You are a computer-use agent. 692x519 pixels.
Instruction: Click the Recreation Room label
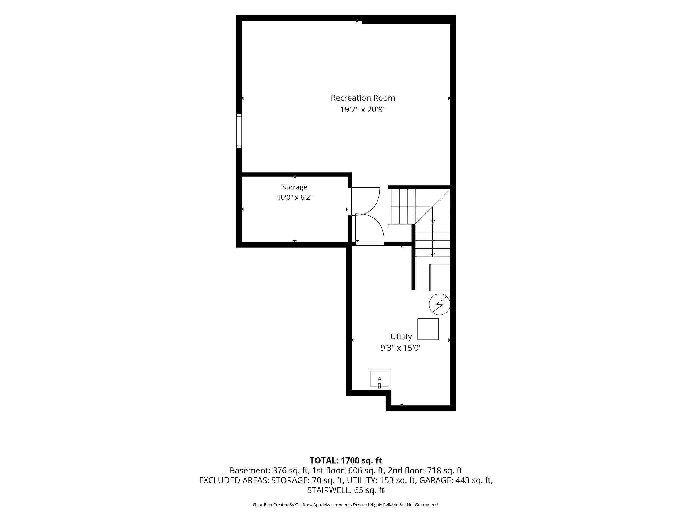pyautogui.click(x=363, y=98)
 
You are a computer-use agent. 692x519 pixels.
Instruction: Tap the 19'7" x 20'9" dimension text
pyautogui.click(x=363, y=109)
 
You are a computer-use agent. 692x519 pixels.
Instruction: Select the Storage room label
pyautogui.click(x=295, y=187)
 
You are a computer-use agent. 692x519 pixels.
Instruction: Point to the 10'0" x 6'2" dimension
pyautogui.click(x=295, y=197)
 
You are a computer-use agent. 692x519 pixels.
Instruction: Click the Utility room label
pyautogui.click(x=401, y=336)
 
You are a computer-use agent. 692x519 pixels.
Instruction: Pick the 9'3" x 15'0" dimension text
pyautogui.click(x=401, y=348)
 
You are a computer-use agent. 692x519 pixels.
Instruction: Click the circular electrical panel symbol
pyautogui.click(x=439, y=304)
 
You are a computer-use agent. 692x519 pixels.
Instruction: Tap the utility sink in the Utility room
pyautogui.click(x=380, y=380)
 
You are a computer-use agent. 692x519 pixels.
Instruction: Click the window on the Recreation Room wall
pyautogui.click(x=239, y=131)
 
